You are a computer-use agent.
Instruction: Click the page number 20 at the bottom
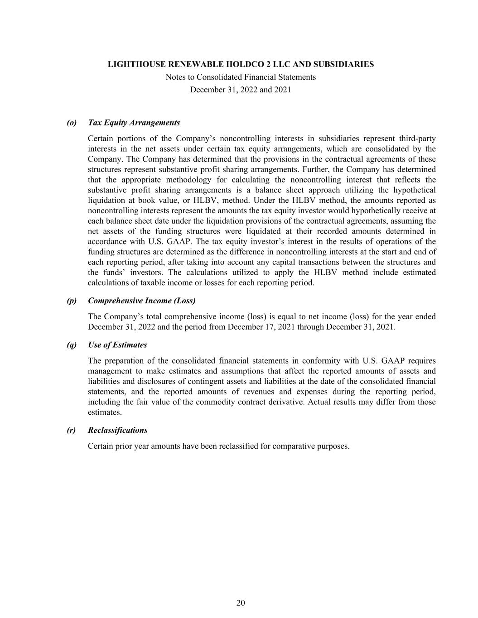coord(241,603)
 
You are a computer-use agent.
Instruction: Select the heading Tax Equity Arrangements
coord(134,123)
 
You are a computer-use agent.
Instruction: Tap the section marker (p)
coord(72,301)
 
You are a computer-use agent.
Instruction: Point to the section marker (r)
coord(72,430)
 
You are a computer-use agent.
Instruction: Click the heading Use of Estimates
coord(117,345)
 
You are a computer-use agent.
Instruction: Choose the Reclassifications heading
coord(118,430)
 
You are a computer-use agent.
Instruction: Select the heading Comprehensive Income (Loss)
coord(142,301)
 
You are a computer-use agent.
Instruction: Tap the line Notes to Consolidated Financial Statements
coord(241,77)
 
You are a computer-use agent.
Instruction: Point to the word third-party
coord(417,139)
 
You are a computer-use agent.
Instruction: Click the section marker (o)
coord(72,123)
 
